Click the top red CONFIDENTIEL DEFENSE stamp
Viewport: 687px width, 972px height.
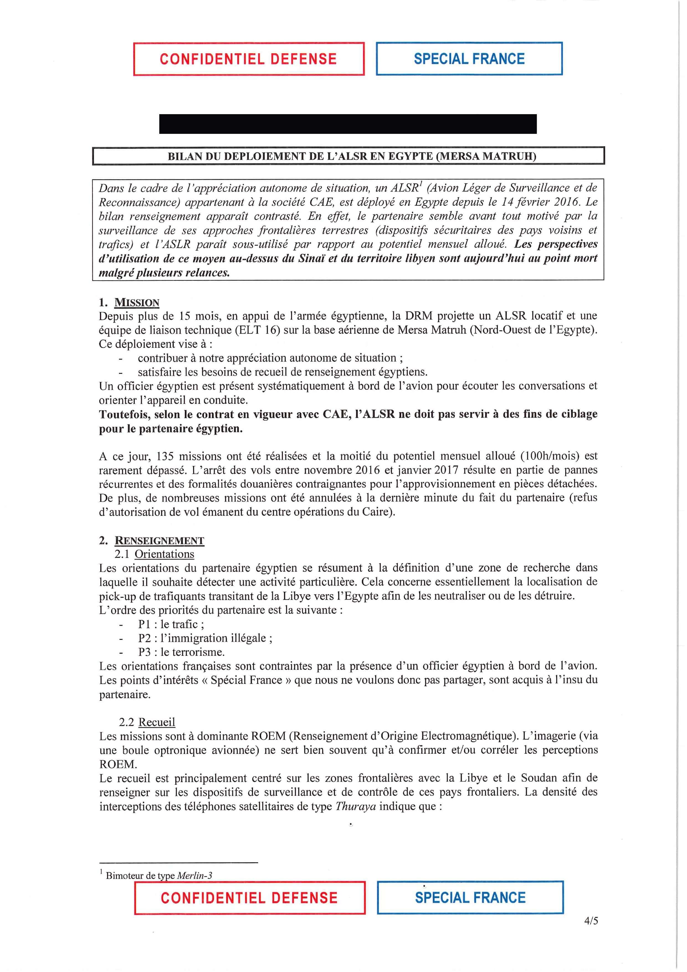(x=248, y=59)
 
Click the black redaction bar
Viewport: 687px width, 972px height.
(x=348, y=124)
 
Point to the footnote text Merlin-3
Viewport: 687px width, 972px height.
(x=194, y=876)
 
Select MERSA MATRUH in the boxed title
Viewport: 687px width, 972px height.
(x=486, y=156)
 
